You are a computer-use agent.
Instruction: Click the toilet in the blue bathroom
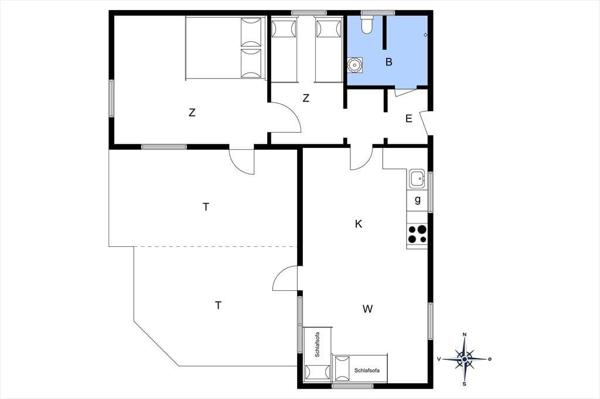(367, 24)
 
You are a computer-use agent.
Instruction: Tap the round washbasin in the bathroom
(354, 66)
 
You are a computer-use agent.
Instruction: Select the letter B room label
(389, 62)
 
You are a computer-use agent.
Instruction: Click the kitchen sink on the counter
(417, 178)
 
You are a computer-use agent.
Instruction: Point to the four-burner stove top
(417, 234)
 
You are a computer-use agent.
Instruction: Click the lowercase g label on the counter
(417, 199)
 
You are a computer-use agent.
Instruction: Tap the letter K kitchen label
(359, 224)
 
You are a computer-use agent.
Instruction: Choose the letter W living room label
(368, 309)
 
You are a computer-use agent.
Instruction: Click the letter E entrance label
(408, 119)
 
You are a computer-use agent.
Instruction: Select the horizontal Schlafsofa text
(367, 370)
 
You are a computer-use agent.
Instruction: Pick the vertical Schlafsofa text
(317, 345)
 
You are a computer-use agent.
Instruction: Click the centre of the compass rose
(465, 359)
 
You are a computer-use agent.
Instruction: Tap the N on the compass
(465, 335)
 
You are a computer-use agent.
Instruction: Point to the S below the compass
(465, 384)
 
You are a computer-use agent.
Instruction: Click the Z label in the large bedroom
(192, 113)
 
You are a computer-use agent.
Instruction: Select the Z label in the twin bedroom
(306, 98)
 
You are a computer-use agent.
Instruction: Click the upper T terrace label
(206, 207)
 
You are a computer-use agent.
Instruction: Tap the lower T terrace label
(218, 305)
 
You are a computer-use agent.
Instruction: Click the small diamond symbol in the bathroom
(425, 35)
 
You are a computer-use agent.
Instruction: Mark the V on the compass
(439, 359)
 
